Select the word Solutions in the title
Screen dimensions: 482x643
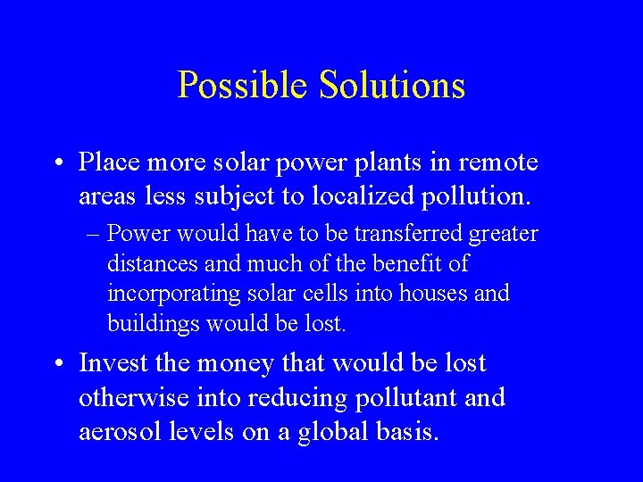388,85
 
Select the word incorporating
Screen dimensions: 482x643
164,294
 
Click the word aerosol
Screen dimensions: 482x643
118,432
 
